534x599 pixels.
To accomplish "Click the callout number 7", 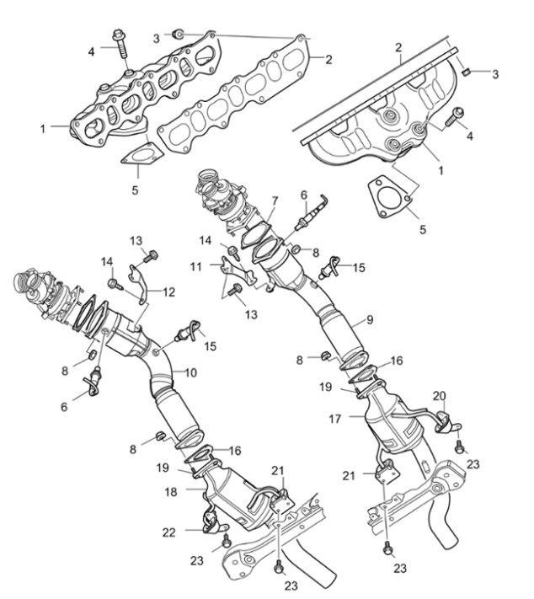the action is click(275, 201).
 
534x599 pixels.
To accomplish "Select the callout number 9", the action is click(370, 319).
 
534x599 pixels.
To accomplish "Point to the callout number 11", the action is click(195, 266).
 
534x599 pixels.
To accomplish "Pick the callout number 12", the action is click(168, 292).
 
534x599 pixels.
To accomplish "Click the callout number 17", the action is click(335, 419).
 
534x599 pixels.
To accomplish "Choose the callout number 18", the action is click(171, 492).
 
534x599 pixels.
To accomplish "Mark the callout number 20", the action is click(440, 396).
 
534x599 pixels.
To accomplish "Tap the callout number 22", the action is click(168, 532).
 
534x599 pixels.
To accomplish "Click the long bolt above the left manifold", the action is click(119, 44).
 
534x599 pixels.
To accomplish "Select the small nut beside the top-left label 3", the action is click(177, 34).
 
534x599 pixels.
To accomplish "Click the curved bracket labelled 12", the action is click(140, 283).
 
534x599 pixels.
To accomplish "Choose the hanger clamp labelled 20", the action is click(447, 422).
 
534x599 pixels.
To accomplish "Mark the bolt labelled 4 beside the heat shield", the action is click(455, 117).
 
